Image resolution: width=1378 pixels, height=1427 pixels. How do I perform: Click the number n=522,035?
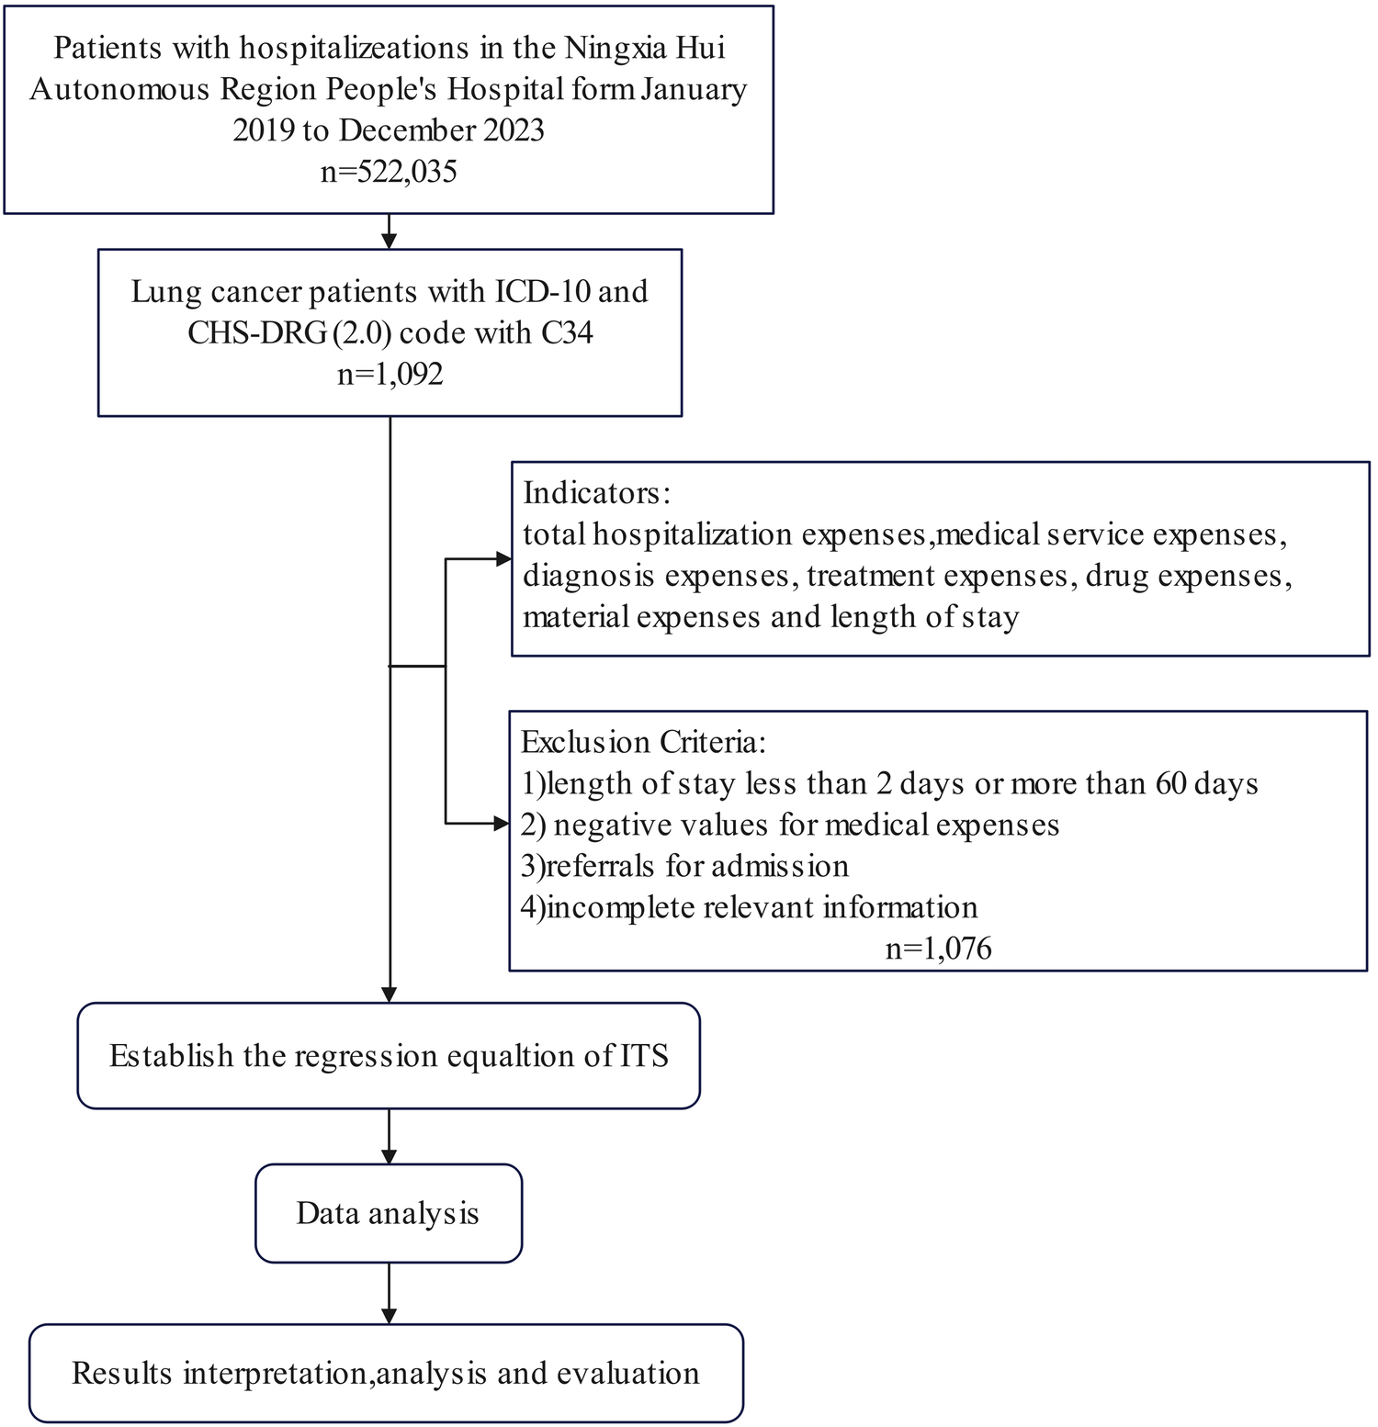[x=389, y=172]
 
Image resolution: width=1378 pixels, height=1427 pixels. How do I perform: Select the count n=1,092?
[x=390, y=374]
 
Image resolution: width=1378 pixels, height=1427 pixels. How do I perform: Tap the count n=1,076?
[x=938, y=948]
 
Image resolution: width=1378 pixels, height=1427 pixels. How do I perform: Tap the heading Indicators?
[x=597, y=493]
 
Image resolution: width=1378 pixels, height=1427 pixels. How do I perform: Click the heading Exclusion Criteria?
[x=643, y=742]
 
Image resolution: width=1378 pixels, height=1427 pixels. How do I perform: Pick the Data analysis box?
[x=389, y=1213]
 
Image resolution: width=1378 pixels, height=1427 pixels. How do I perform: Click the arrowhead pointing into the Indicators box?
[x=503, y=559]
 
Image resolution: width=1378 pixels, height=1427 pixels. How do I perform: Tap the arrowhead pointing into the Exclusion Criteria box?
[x=502, y=824]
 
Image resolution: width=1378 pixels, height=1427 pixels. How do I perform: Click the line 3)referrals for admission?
[x=684, y=866]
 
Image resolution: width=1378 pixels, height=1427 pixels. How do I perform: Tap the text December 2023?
[x=441, y=130]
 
